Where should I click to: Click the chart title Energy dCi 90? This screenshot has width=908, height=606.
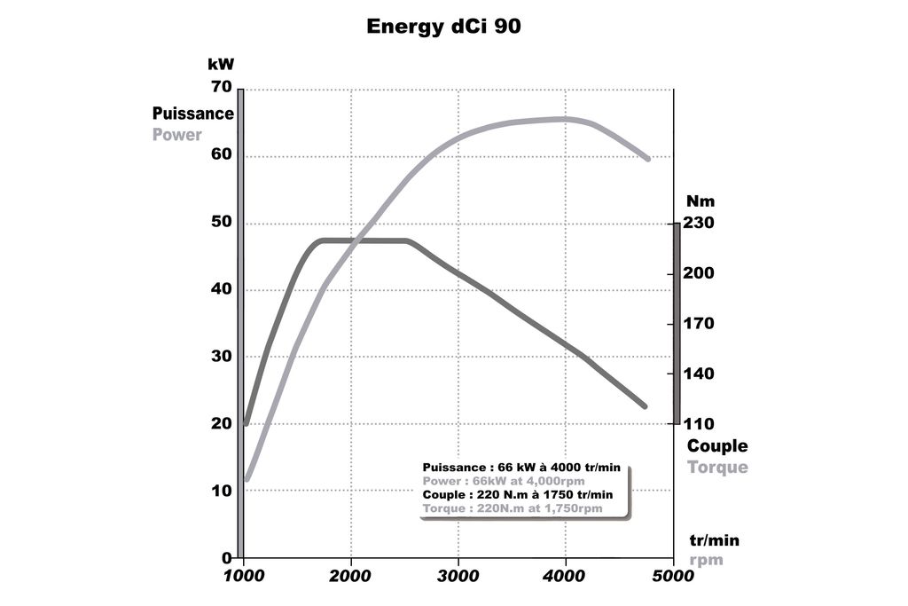tap(443, 27)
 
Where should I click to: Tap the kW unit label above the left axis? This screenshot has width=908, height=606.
tap(220, 64)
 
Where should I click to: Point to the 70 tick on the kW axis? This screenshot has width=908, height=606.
tap(221, 87)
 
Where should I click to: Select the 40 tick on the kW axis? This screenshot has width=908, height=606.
tap(221, 289)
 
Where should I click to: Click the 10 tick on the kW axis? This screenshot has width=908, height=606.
tap(221, 491)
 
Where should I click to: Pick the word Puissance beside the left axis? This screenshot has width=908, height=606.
tap(193, 114)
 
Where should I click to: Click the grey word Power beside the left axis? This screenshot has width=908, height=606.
tap(177, 135)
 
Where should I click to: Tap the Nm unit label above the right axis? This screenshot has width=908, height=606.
tap(701, 201)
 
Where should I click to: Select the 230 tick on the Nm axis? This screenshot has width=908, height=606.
tap(699, 223)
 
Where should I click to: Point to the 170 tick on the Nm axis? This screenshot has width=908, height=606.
tap(699, 324)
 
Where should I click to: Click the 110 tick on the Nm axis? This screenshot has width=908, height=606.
tap(699, 424)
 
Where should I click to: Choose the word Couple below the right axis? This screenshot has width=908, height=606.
tap(717, 446)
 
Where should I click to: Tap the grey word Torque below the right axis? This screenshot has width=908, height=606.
tap(717, 468)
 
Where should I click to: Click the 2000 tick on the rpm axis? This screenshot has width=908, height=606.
tap(351, 576)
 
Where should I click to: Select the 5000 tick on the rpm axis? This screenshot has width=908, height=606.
tap(673, 576)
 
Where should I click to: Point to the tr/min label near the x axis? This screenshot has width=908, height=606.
tap(714, 540)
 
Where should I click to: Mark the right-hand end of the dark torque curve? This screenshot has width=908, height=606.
tap(645, 406)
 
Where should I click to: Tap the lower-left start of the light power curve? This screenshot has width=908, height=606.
tap(247, 479)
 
